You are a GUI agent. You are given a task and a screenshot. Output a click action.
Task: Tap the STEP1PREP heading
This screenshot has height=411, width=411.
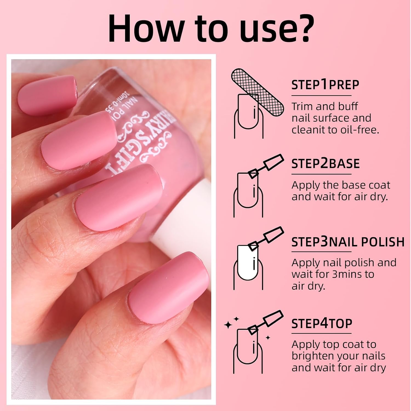(x=325, y=85)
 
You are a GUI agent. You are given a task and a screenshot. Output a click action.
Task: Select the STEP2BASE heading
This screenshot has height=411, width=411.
(x=325, y=164)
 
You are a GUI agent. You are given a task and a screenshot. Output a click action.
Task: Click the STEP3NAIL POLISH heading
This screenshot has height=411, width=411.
(x=348, y=242)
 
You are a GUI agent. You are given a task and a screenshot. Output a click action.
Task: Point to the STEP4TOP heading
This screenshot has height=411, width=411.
(x=321, y=324)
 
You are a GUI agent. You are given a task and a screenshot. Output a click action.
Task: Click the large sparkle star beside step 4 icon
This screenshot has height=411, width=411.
(x=228, y=325)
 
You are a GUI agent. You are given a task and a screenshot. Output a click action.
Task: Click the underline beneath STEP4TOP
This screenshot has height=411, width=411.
(x=321, y=333)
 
